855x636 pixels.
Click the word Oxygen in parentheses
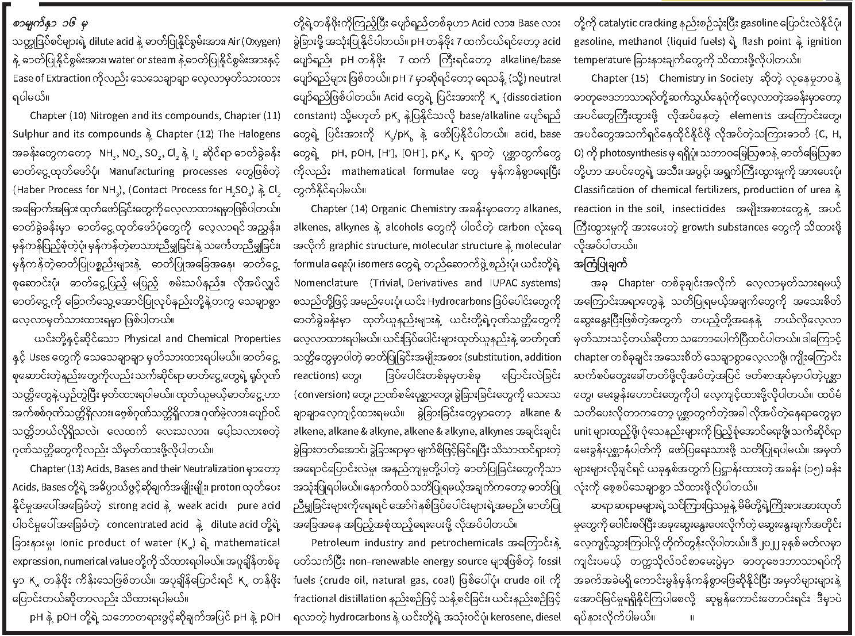point(260,41)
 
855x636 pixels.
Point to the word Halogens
point(257,134)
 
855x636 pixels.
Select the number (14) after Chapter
point(357,209)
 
